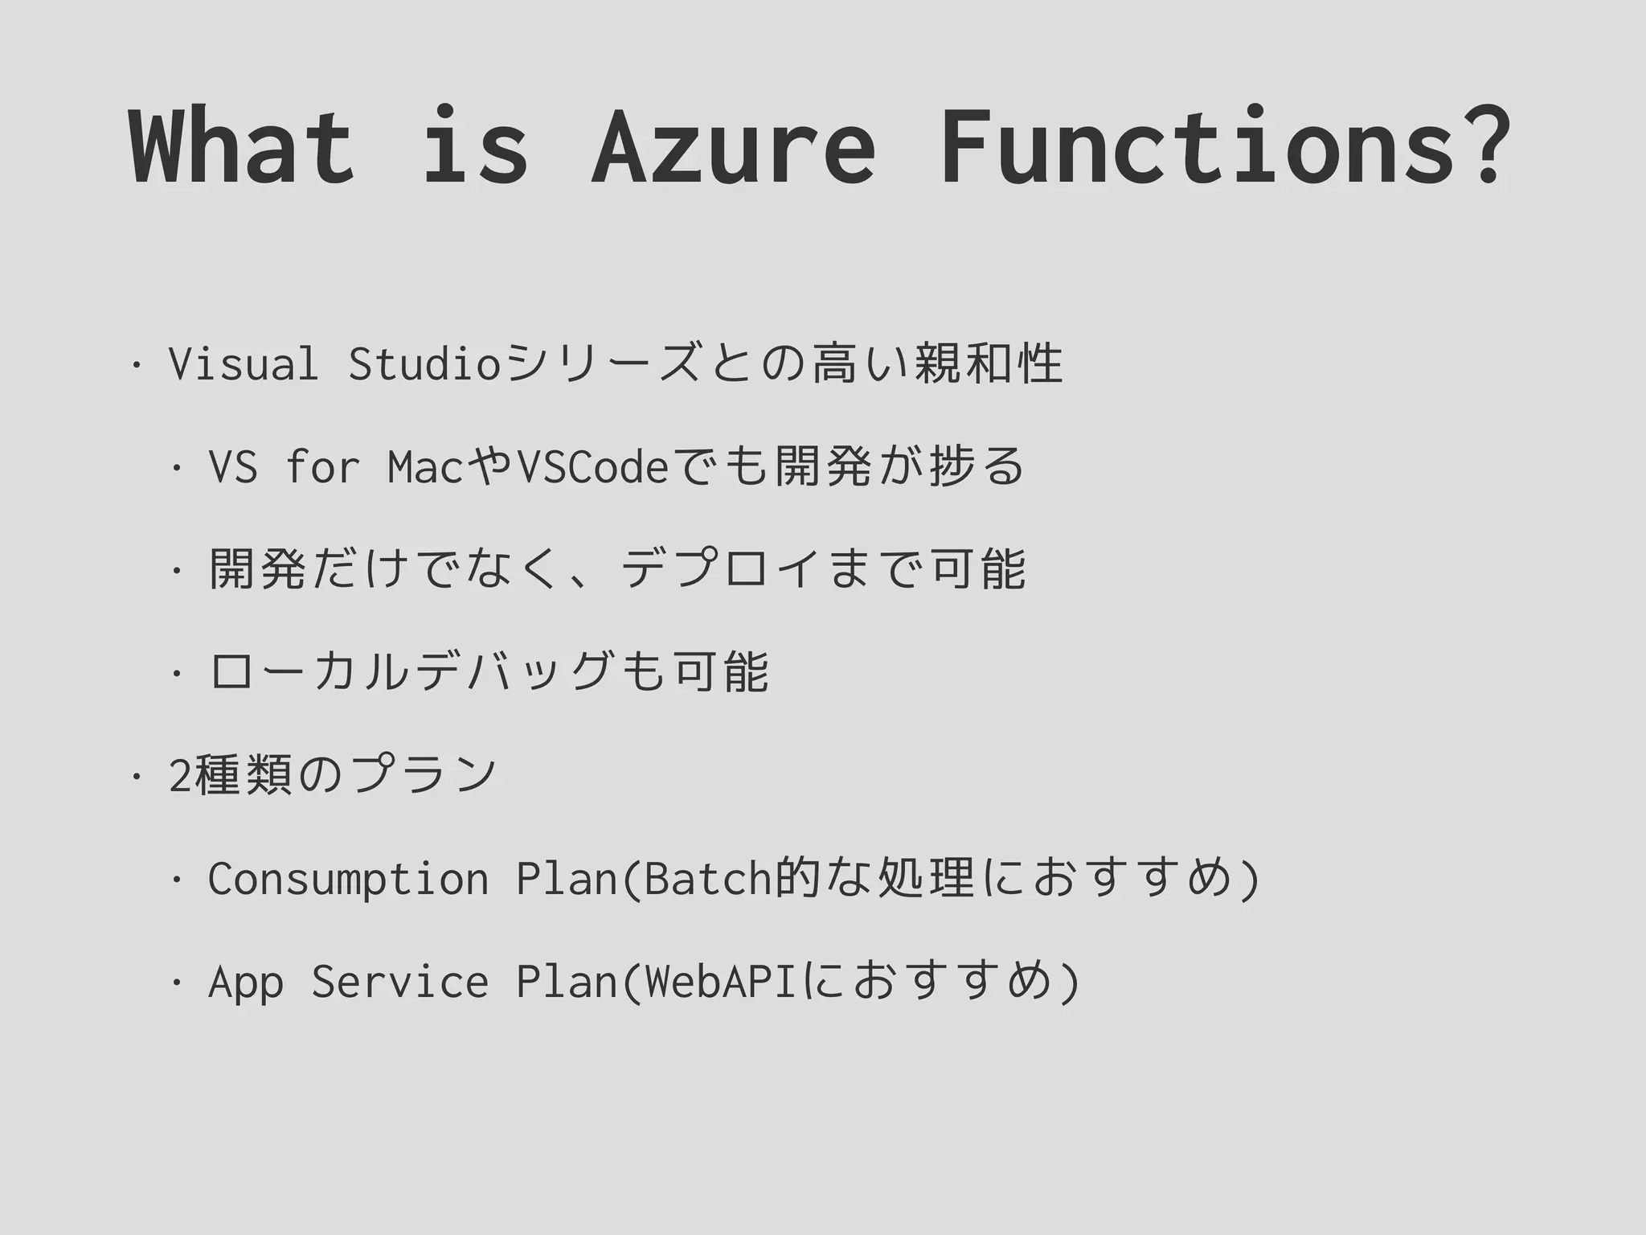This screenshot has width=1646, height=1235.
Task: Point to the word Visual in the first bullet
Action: [244, 363]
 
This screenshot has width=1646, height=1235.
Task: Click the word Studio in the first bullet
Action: [425, 363]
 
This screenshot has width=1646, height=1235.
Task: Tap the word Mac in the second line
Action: [425, 467]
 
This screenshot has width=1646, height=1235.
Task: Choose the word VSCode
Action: [593, 467]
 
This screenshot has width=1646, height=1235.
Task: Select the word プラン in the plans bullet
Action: [424, 774]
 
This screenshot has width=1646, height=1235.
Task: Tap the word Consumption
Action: [348, 878]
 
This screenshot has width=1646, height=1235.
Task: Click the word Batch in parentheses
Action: [708, 878]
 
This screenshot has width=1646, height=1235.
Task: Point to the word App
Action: [245, 982]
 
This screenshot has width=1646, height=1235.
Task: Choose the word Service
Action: [399, 982]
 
